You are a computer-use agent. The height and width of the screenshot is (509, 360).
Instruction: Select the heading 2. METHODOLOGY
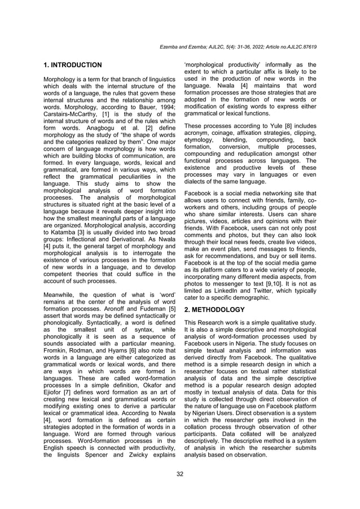(215, 310)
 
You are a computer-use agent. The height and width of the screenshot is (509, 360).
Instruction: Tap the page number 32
(180, 473)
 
